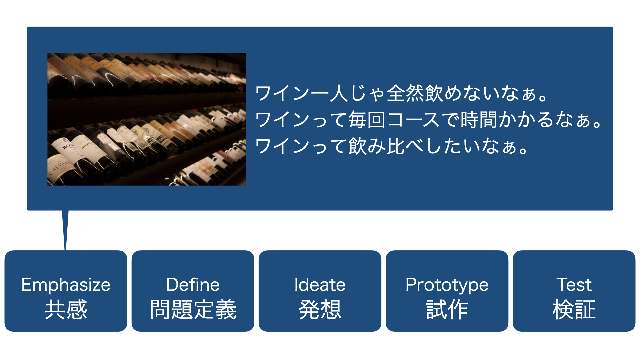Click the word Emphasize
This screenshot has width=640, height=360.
(x=66, y=285)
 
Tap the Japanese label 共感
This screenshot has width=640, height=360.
(x=66, y=309)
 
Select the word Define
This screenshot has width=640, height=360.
(x=193, y=285)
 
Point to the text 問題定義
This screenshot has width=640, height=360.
(x=193, y=309)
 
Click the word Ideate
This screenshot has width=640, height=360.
(x=320, y=285)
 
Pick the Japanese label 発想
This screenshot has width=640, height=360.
(x=320, y=309)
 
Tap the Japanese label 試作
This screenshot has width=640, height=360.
(x=447, y=309)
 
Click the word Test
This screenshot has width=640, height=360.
(x=574, y=285)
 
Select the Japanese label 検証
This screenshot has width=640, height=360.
(x=574, y=309)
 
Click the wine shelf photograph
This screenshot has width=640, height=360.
(x=147, y=119)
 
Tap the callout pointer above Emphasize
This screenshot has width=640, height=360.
(x=65, y=230)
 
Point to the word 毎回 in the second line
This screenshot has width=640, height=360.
(x=367, y=120)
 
